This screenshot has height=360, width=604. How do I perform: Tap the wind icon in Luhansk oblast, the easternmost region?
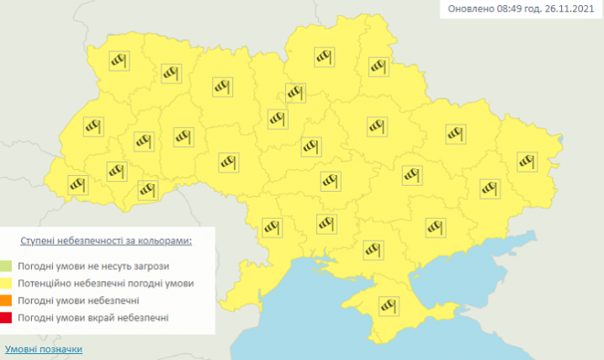click(x=527, y=160)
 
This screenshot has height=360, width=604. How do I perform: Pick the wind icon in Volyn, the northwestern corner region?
click(x=118, y=60)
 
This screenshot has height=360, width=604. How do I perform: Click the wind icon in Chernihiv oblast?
click(x=324, y=56)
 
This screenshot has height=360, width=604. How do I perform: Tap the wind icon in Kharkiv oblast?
click(x=455, y=133)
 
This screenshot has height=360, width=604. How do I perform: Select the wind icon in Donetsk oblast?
click(x=488, y=187)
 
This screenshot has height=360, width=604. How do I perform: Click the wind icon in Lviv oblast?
click(x=92, y=127)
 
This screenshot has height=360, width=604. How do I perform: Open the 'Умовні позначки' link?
click(x=44, y=348)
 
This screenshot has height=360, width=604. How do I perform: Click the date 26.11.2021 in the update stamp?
click(x=570, y=10)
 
